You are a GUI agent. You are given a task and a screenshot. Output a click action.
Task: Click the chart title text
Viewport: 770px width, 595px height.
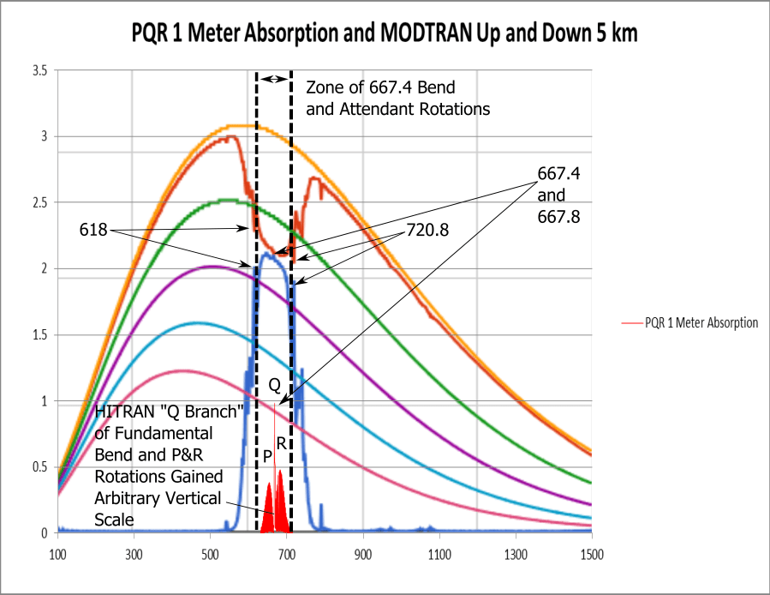[385, 33]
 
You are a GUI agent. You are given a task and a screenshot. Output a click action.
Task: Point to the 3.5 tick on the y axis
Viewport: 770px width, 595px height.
[40, 70]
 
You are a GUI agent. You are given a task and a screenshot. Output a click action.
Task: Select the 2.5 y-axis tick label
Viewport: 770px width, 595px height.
[40, 203]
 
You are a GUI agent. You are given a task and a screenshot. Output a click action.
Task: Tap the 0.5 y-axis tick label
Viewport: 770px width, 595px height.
[40, 467]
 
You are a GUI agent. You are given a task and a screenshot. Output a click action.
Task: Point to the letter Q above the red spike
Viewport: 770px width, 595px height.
[275, 387]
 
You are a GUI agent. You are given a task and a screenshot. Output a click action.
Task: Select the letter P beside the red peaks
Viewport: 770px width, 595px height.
[267, 454]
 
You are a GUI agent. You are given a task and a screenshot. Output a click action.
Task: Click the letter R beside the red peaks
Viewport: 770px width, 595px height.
[281, 443]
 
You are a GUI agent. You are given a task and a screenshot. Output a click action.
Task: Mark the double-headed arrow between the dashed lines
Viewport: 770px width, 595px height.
[274, 80]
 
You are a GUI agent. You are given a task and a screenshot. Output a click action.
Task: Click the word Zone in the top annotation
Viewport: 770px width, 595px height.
[323, 87]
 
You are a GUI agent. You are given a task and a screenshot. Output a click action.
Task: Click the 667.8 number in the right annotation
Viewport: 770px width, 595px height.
[559, 217]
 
